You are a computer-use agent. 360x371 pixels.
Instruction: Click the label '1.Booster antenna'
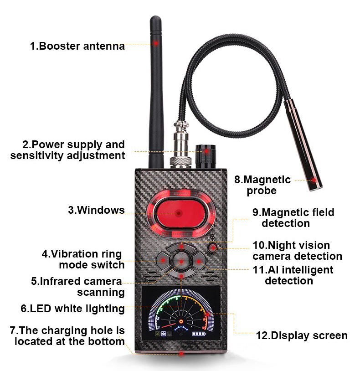(x=77, y=46)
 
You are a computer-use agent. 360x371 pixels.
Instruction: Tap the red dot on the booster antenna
(x=156, y=43)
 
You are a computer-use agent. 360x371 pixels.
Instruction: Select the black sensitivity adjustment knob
(x=206, y=156)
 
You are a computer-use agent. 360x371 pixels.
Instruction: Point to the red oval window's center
(x=179, y=213)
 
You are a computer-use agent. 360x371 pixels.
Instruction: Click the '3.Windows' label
(x=96, y=210)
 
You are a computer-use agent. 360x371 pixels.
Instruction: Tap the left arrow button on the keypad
(x=163, y=261)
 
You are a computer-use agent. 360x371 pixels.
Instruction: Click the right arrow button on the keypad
(x=199, y=261)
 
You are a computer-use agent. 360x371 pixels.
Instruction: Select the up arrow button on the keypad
(x=181, y=247)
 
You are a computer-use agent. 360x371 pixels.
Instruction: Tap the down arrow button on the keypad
(x=181, y=275)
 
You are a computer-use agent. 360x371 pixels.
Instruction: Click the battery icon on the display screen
(x=199, y=334)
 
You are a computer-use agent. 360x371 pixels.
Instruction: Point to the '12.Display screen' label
(x=302, y=335)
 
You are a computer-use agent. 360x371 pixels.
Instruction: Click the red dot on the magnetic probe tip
(x=314, y=180)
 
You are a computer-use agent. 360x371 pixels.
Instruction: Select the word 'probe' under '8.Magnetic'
(x=262, y=191)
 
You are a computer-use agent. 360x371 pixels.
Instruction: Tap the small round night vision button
(x=213, y=248)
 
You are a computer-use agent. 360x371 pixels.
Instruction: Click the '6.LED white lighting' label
(x=72, y=309)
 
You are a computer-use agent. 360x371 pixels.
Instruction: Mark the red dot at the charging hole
(x=181, y=354)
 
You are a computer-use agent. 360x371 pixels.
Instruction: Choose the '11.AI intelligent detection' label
(x=293, y=275)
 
